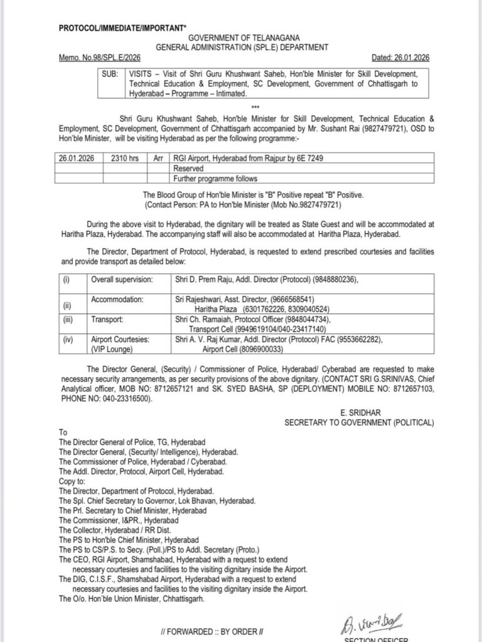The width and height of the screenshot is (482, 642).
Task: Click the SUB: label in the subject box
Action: pos(110,73)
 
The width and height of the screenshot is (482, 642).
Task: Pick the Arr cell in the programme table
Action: pos(160,160)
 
